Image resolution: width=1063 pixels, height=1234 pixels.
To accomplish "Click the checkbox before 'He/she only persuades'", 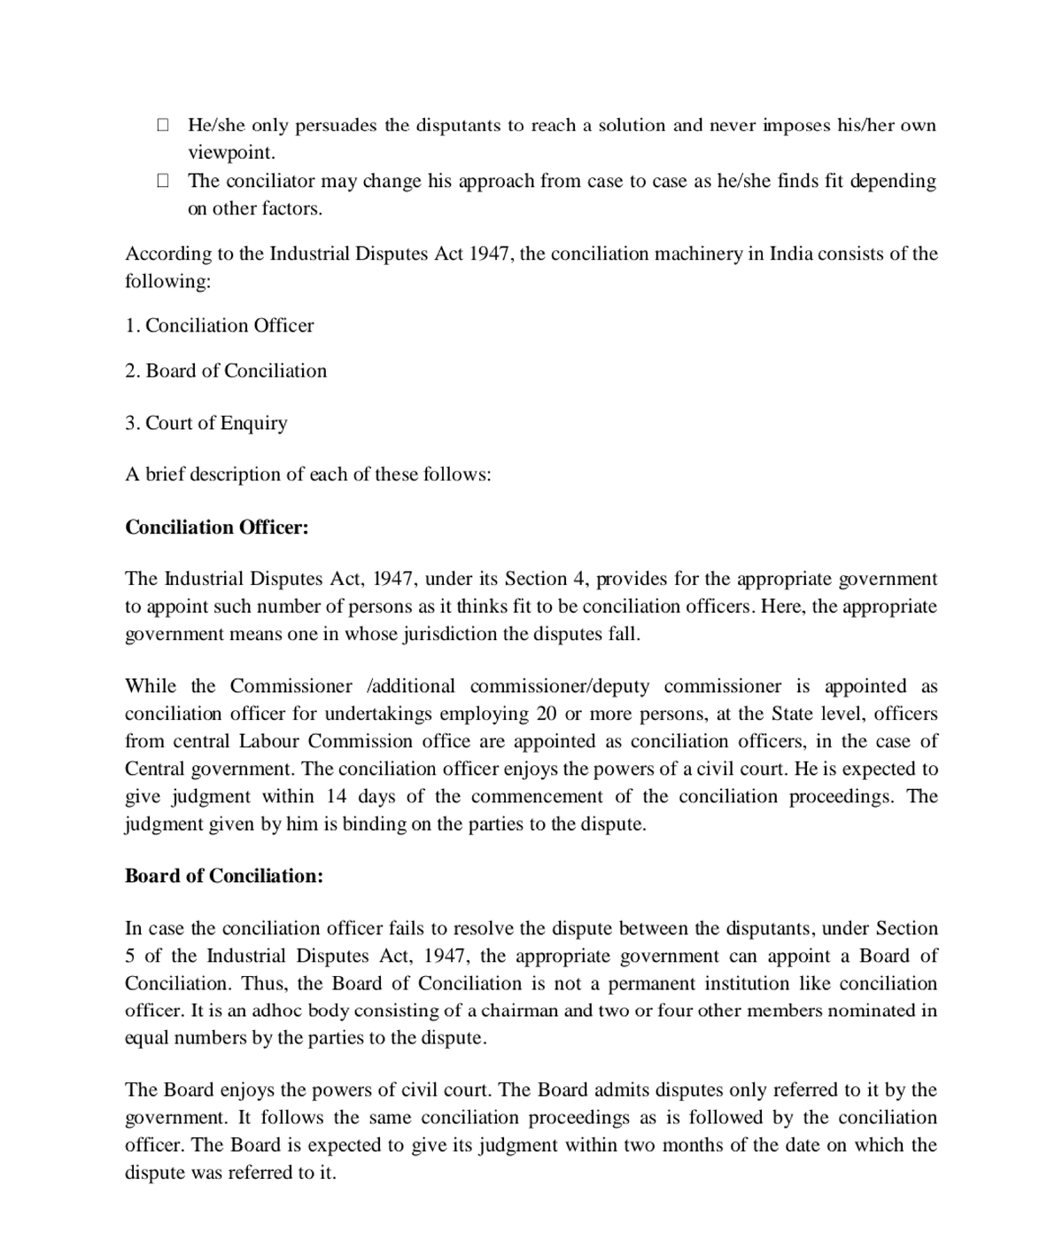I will coord(163,125).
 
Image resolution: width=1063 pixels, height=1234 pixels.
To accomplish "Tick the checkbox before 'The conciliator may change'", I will coord(163,181).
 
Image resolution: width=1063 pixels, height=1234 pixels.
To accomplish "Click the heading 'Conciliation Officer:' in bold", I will coord(217,527).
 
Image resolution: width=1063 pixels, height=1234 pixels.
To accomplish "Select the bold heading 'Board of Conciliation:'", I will coord(224,876).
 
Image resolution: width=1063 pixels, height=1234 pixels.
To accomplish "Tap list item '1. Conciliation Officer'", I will coord(220,325).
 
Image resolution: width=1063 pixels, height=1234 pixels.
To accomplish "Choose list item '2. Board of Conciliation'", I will coord(226,371).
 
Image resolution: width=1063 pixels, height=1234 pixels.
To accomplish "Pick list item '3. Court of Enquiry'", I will coord(206,423).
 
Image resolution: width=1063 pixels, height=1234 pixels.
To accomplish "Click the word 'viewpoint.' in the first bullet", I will coord(231,152).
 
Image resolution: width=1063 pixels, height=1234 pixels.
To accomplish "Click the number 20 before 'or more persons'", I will coord(547,714).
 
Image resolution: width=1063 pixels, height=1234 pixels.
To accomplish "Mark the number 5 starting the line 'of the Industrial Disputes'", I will coord(130,956).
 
